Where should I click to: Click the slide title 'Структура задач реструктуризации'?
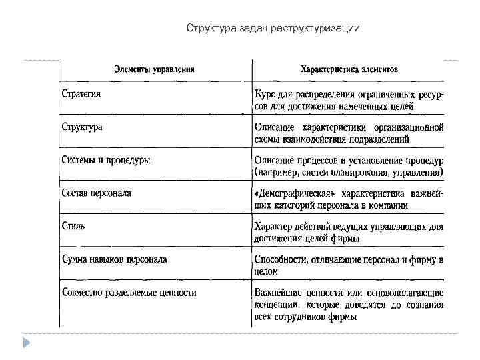(273, 28)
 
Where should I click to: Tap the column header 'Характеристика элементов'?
(349, 68)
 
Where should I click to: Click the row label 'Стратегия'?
(81, 93)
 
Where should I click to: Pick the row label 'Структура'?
(82, 127)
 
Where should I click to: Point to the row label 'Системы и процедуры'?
(106, 160)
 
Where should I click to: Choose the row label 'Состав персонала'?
(96, 193)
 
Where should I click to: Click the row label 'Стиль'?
(73, 225)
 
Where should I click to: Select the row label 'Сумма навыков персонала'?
(114, 259)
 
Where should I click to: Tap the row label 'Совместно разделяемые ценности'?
(129, 292)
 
